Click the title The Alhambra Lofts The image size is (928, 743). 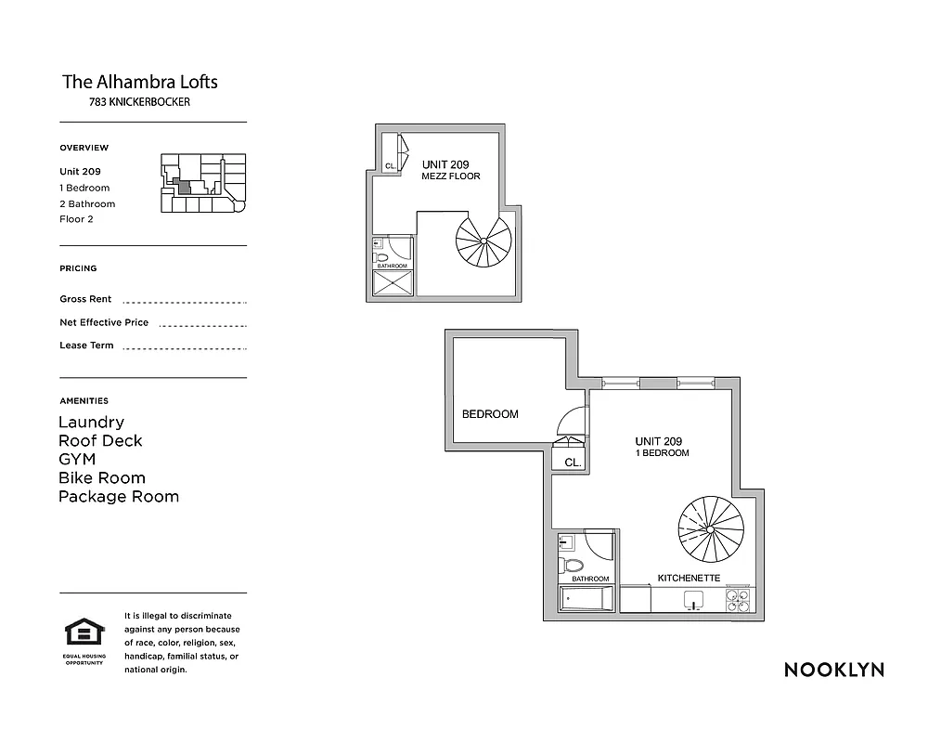coord(140,82)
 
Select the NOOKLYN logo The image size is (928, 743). coord(833,670)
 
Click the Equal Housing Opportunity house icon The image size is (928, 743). coord(84,633)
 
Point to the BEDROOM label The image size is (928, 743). coord(490,414)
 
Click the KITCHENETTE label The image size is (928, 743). coord(689,578)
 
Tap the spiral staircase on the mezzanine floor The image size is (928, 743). coord(483,240)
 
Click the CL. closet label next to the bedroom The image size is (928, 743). coord(573,462)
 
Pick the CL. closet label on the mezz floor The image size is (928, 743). coord(391,166)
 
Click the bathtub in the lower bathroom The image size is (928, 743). coord(586,599)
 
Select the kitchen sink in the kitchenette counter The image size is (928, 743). coord(690,602)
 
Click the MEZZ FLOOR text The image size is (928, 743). coord(451,176)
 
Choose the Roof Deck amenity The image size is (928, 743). coord(100,441)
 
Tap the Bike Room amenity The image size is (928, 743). coord(102,478)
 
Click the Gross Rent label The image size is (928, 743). coord(85,299)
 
